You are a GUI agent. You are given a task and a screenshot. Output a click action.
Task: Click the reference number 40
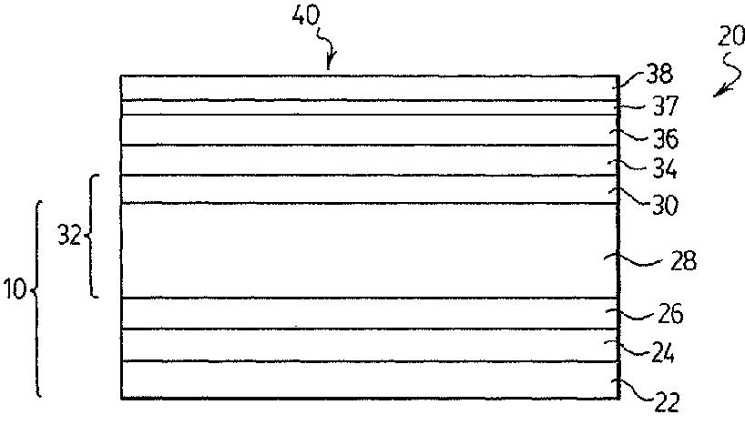[306, 17]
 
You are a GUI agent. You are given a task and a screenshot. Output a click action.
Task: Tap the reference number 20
[730, 36]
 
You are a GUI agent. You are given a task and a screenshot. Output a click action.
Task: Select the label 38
[659, 75]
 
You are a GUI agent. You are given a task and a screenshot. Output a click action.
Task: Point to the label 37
[665, 106]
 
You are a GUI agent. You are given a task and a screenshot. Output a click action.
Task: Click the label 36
[665, 138]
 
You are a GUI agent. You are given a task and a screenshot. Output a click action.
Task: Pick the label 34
[665, 168]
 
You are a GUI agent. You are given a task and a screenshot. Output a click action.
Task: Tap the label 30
[665, 205]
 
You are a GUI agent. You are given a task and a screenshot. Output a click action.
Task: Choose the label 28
[684, 261]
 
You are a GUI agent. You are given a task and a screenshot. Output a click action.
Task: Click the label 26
[670, 314]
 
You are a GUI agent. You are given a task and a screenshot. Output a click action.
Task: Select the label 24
[661, 353]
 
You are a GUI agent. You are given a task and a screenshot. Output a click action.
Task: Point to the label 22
[667, 403]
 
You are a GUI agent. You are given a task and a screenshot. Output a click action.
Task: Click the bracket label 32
[69, 235]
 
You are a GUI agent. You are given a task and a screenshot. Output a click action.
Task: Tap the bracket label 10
[15, 288]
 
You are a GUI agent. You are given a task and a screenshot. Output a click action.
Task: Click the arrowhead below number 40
[329, 63]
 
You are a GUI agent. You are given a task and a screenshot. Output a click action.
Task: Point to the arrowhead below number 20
[719, 91]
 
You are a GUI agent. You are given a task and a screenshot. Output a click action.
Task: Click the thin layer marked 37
[370, 107]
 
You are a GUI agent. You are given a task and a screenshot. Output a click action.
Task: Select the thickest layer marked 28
[370, 251]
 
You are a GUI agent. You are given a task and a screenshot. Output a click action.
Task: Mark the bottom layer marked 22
[370, 379]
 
